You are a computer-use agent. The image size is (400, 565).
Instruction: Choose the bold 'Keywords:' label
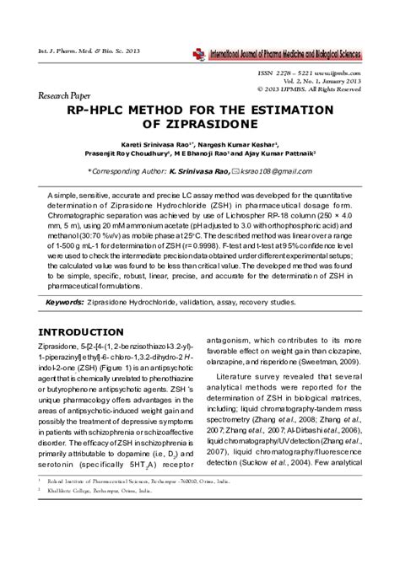70,301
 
